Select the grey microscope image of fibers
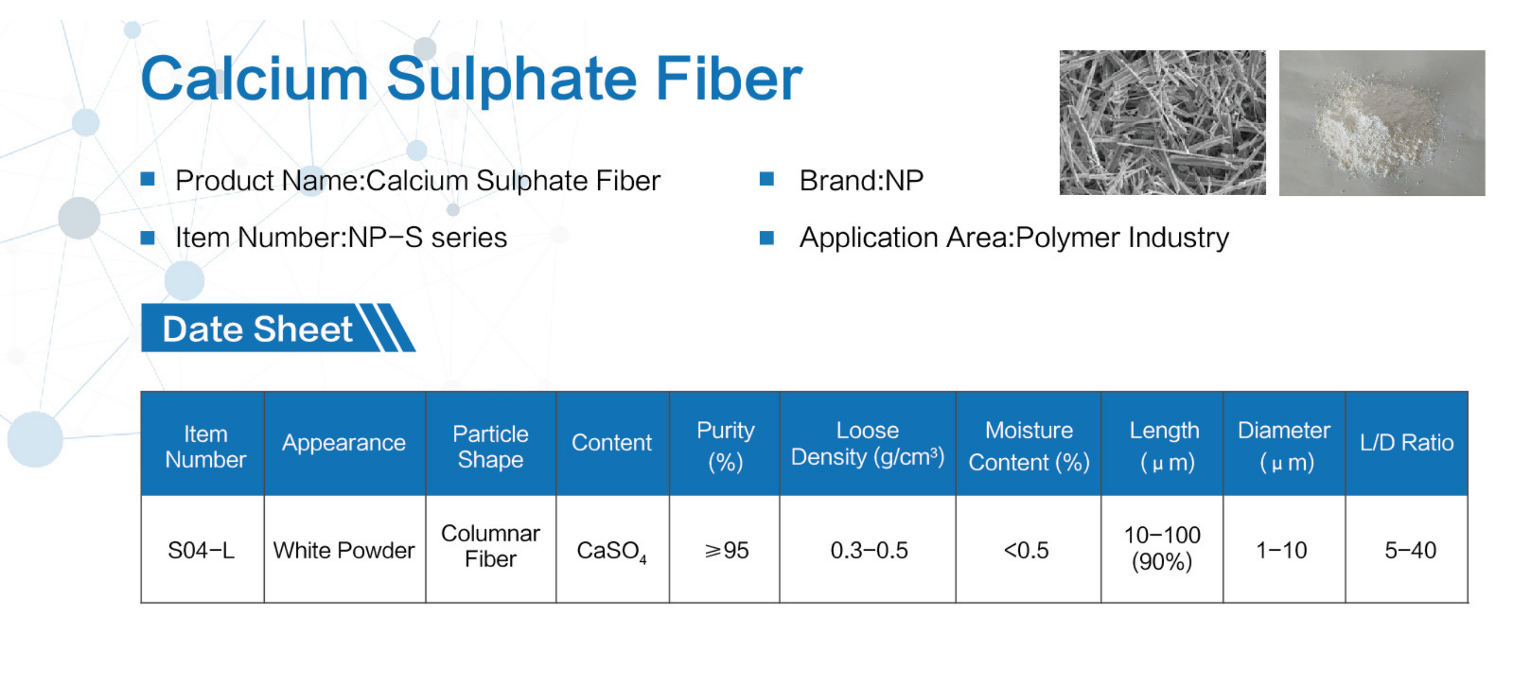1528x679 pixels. point(1162,123)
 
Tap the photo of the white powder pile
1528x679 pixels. point(1381,123)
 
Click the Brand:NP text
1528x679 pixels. point(861,181)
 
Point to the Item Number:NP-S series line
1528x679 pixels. point(341,237)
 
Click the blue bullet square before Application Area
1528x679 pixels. point(766,238)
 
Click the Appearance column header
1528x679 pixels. point(344,442)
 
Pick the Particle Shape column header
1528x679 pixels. point(491,446)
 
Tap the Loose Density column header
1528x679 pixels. point(868,444)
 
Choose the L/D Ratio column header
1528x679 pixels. point(1406,442)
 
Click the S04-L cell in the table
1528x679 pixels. point(201,551)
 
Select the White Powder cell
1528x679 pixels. point(344,551)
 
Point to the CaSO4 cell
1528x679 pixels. point(612,552)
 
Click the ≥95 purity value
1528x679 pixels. point(726,551)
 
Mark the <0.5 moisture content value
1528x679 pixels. point(1026,551)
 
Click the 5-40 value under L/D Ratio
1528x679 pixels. point(1410,551)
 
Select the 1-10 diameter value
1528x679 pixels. point(1281,551)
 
